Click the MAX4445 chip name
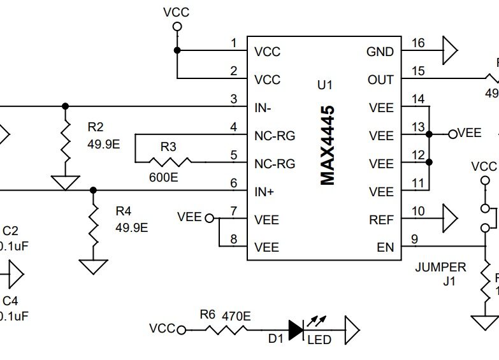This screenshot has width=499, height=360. (x=328, y=146)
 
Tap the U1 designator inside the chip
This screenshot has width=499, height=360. (x=324, y=85)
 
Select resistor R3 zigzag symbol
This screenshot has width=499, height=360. (x=168, y=162)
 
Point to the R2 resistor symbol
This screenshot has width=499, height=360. (x=65, y=141)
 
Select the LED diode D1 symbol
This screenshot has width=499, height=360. (x=296, y=329)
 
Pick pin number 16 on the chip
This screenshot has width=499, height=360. (x=418, y=43)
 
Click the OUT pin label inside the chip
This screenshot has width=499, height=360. (x=380, y=80)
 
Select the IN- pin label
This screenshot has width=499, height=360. (x=263, y=108)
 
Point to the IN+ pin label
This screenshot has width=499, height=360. (x=263, y=192)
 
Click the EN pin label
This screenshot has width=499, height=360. (x=386, y=248)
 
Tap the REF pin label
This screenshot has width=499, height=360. (x=381, y=220)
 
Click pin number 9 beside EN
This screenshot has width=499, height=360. (x=415, y=240)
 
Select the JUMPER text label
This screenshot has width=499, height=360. (x=440, y=267)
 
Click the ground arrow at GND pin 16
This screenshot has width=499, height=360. (x=450, y=52)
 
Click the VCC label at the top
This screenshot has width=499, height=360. (x=177, y=12)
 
